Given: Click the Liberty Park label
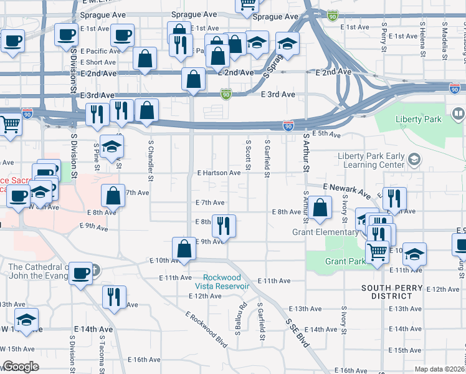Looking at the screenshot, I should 417,119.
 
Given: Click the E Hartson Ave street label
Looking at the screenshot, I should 219,173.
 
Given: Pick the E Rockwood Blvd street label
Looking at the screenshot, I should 206,325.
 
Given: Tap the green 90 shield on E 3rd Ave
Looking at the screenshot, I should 226,94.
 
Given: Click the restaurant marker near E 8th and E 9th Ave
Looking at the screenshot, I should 224,225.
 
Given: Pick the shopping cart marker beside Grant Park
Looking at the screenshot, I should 378,252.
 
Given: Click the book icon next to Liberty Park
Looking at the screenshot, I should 459,114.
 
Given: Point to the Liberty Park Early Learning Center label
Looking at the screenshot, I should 371,160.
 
